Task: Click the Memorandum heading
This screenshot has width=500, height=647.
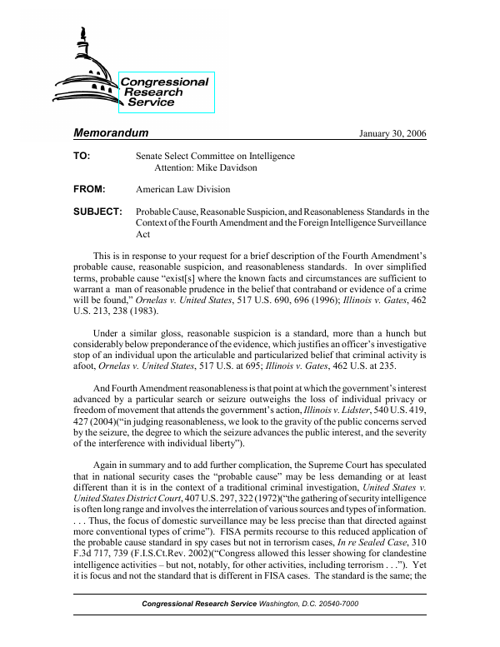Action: click(111, 133)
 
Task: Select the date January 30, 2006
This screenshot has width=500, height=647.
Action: click(392, 135)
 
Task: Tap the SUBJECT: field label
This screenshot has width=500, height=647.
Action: click(98, 212)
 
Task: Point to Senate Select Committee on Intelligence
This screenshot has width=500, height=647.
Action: click(214, 156)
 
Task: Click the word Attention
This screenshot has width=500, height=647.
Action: click(177, 167)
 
